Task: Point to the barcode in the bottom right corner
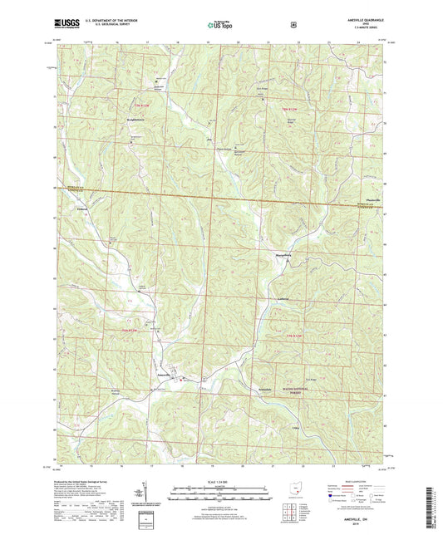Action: [x=433, y=502]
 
